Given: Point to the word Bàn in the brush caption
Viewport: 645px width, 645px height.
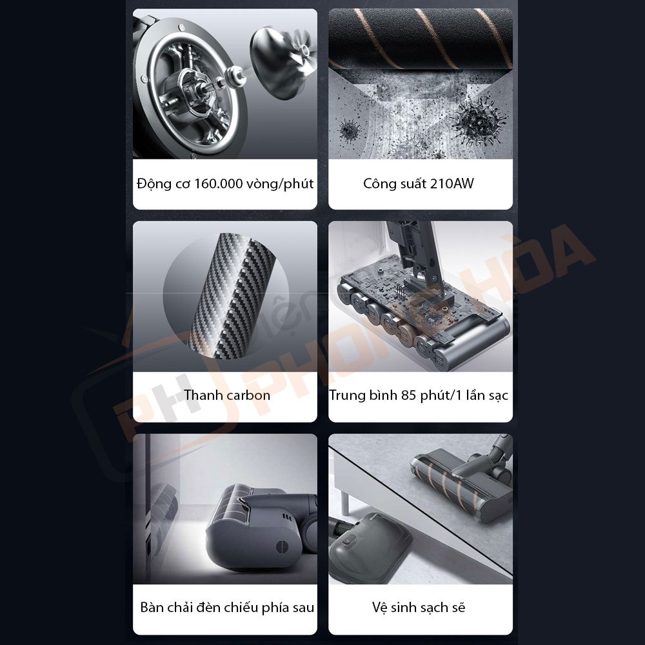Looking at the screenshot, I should click(x=152, y=607).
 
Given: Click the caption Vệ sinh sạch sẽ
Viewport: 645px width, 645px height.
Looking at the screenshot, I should click(x=419, y=607).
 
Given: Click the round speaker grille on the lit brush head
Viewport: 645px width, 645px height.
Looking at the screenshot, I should click(x=282, y=545).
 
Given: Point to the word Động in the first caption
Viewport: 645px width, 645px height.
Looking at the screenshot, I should click(x=155, y=184).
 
